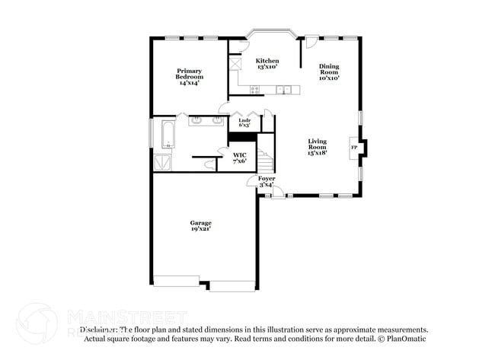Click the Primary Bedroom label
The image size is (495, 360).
pos(190,76)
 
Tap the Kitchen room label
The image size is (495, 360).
pos(267,64)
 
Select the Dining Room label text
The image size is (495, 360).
pos(329,72)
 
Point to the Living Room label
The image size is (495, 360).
pos(318,147)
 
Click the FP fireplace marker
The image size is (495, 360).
pos(353,147)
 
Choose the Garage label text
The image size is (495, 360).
pos(201,225)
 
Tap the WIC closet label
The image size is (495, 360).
pos(239,158)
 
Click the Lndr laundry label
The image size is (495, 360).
pos(244,123)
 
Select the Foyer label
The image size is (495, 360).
pos(266,181)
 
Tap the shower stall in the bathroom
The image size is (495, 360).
pos(162,162)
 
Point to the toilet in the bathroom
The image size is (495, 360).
pos(209,162)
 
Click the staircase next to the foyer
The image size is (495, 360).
pos(265,161)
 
